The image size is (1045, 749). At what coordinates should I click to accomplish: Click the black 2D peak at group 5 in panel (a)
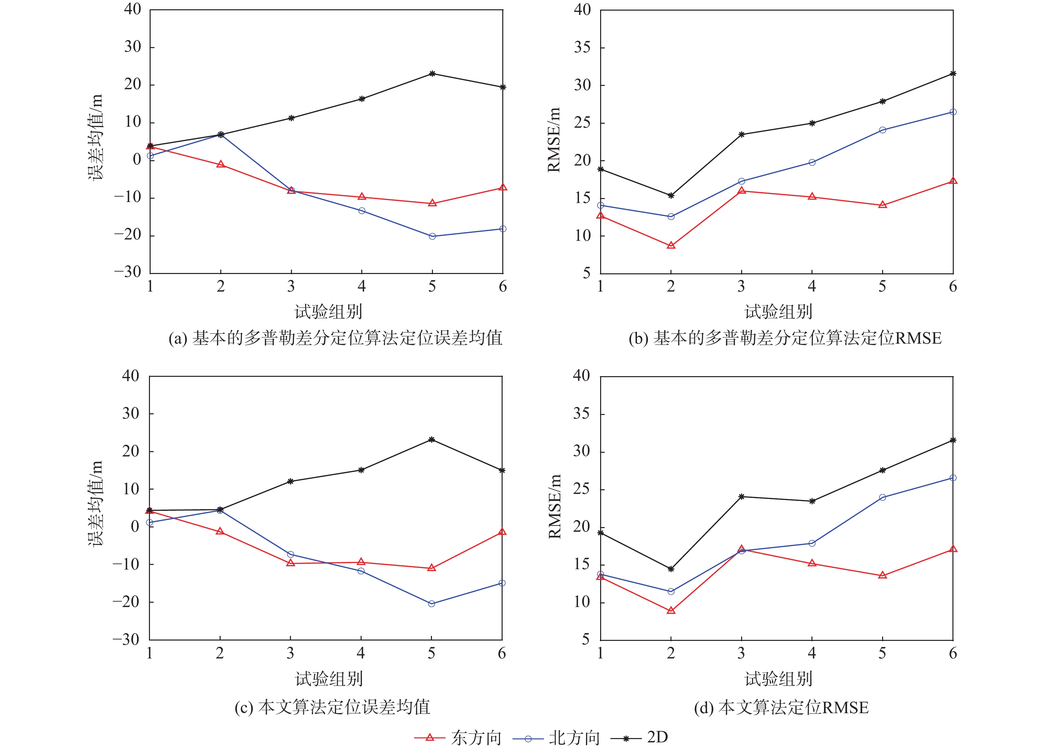click(432, 74)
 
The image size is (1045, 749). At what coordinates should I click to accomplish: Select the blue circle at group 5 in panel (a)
click(432, 236)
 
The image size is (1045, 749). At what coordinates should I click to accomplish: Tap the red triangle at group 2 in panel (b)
click(671, 245)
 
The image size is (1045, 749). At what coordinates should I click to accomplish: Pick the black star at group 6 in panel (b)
click(953, 74)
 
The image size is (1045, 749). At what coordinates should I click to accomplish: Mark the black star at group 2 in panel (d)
click(671, 569)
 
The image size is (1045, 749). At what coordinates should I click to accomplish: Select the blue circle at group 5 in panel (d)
click(882, 498)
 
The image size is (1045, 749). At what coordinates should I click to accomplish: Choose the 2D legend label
click(657, 737)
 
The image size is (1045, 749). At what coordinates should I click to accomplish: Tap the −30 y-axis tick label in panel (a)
click(128, 272)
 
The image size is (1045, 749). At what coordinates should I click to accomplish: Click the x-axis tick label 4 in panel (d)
click(812, 653)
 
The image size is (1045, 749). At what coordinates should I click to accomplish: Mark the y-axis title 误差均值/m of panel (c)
click(96, 504)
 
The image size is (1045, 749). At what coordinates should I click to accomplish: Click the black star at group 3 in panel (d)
click(741, 497)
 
